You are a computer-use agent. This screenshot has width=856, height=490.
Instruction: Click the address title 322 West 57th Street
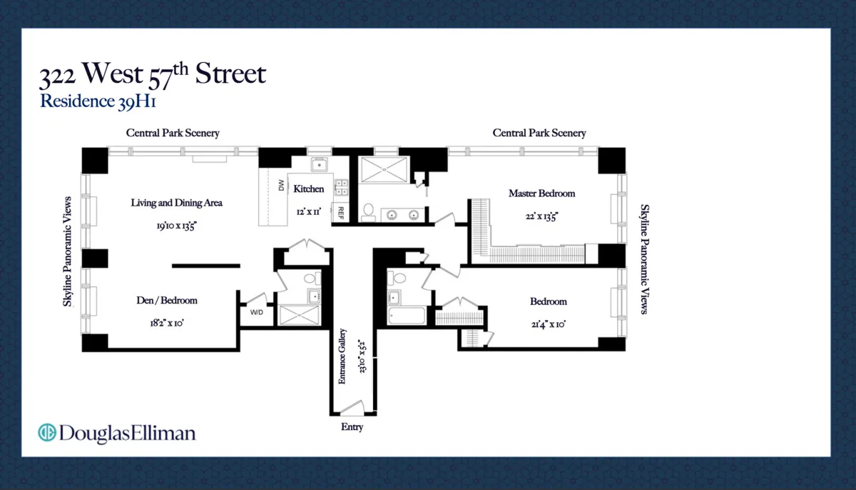click(153, 74)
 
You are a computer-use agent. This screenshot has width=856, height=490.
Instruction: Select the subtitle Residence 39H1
click(98, 101)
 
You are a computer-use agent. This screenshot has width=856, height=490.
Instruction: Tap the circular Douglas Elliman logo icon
click(47, 432)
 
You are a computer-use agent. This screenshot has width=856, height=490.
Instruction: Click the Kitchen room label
click(309, 189)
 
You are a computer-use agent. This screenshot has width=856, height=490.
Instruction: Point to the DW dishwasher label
click(280, 186)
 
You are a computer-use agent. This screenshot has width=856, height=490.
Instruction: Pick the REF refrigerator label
click(341, 213)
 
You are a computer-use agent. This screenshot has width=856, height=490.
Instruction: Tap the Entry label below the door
click(352, 427)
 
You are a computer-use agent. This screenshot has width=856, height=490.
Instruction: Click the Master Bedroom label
click(541, 193)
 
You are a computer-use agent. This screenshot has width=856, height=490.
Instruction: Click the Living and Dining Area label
click(176, 203)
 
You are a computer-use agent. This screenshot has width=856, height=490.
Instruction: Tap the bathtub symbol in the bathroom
click(407, 316)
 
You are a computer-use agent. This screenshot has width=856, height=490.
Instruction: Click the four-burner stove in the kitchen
click(342, 187)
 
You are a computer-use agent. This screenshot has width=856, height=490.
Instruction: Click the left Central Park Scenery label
click(173, 133)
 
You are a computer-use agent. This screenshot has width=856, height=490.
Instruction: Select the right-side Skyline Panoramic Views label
click(644, 259)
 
